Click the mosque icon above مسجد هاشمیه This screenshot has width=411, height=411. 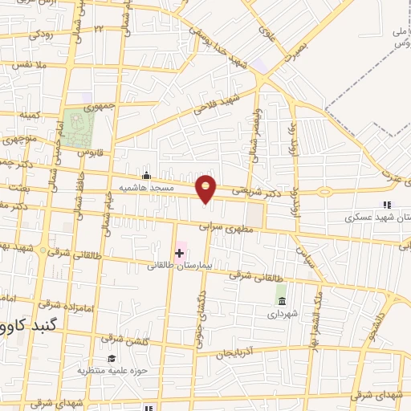pos(145,177)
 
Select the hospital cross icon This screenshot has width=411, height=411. pos(179,253)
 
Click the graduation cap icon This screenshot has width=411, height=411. pos(112,358)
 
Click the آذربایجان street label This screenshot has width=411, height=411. pos(237,353)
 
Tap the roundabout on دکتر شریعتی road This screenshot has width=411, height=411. pos(324,192)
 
